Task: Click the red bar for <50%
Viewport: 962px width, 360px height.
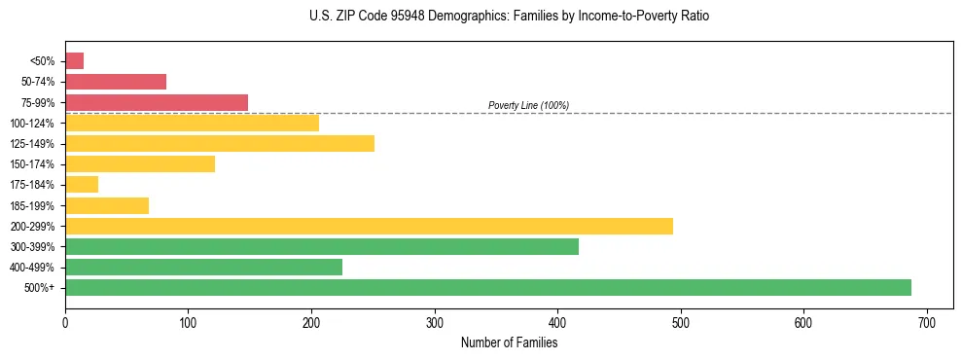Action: point(74,61)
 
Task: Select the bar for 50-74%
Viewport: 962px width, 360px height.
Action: point(115,82)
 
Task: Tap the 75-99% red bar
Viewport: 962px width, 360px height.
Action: point(156,102)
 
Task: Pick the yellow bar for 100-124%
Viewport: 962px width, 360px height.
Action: point(192,123)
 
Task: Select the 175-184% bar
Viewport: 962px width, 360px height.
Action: point(82,185)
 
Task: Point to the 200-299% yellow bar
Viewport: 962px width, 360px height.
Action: point(369,226)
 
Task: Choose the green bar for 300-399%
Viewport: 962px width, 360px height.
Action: point(321,246)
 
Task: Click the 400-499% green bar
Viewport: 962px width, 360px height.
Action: point(203,267)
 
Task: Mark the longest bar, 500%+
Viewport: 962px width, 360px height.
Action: point(487,287)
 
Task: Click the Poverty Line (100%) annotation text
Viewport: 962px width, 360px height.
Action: point(528,105)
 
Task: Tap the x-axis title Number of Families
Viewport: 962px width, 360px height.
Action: point(509,342)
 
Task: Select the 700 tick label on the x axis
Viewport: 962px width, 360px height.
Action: point(927,322)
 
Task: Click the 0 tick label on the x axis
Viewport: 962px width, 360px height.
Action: point(65,322)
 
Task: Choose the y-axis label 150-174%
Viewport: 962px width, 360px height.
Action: point(32,164)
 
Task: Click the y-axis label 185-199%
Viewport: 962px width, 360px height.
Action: point(32,205)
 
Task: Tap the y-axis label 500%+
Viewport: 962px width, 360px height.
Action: point(39,288)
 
